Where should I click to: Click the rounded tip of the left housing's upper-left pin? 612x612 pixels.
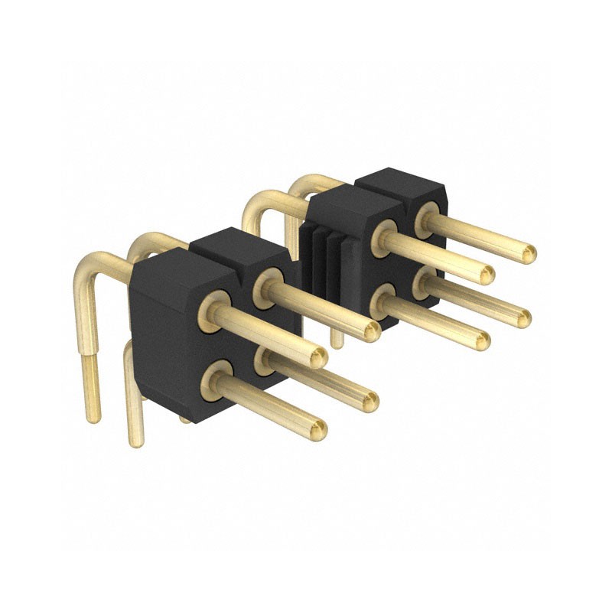(x=318, y=356)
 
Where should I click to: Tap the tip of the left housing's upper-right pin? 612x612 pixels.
(x=370, y=330)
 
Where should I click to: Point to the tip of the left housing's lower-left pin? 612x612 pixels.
(x=318, y=430)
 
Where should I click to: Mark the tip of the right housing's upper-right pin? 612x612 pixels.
(x=527, y=252)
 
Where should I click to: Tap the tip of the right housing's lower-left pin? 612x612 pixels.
(x=482, y=341)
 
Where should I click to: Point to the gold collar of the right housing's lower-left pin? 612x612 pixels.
(x=382, y=300)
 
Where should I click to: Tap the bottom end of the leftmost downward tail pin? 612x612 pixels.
(x=92, y=417)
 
